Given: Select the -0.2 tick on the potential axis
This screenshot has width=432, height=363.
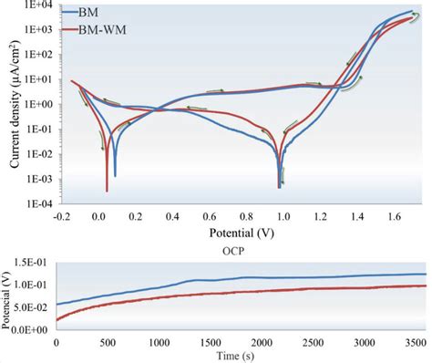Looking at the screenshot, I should (x=61, y=217).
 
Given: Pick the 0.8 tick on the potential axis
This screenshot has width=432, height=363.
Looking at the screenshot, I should (x=245, y=217).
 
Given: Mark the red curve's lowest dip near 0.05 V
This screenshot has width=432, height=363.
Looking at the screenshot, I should (x=107, y=190).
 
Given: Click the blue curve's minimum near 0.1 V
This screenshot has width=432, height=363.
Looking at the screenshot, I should (x=115, y=174).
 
